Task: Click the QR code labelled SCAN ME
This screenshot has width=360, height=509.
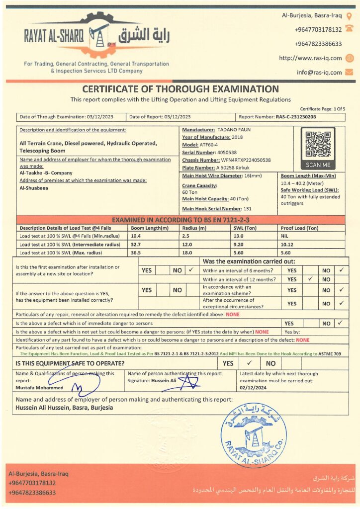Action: pyautogui.click(x=318, y=144)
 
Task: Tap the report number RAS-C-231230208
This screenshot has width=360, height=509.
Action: pyautogui.click(x=296, y=117)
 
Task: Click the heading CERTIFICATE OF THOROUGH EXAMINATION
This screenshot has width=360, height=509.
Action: pyautogui.click(x=180, y=89)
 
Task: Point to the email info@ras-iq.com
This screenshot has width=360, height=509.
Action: pyautogui.click(x=319, y=73)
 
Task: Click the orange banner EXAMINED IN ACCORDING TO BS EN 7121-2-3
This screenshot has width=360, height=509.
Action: pyautogui.click(x=180, y=220)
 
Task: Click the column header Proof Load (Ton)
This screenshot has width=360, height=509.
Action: pyautogui.click(x=299, y=228)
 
